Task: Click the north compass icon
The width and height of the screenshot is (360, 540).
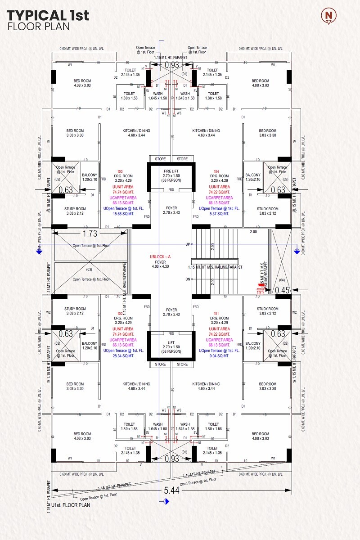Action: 329,16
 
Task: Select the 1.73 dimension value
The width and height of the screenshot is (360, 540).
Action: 90,234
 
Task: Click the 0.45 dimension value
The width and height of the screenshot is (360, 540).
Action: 282,290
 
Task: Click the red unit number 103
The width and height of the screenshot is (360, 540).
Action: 120,171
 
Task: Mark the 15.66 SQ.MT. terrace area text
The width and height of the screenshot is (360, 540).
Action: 123,214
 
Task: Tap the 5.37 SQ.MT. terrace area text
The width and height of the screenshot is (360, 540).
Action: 219,214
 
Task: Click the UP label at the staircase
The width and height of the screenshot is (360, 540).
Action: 188,244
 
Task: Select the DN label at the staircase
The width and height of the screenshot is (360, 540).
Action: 188,279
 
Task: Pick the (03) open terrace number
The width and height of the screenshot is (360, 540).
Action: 89,269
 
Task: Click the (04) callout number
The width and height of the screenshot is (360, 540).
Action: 282,279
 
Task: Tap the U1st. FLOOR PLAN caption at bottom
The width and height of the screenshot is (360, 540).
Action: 71,505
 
